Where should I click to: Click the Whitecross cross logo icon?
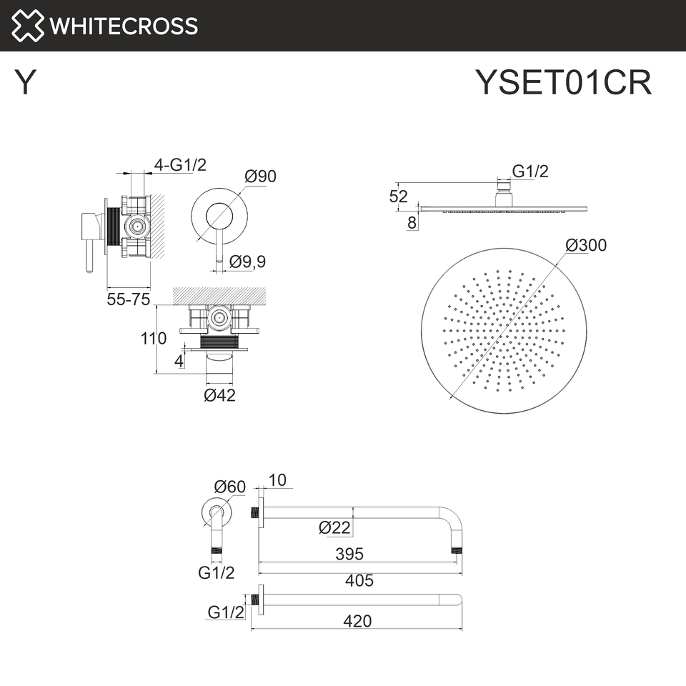point(28,26)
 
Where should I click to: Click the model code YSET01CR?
point(564,81)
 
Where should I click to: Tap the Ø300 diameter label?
point(586,245)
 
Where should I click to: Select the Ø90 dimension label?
point(260,177)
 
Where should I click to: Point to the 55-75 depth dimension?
point(128,299)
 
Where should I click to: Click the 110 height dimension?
point(154,338)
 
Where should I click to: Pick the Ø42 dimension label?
point(219,395)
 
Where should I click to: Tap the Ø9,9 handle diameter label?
point(247,262)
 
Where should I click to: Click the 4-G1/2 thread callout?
point(180,165)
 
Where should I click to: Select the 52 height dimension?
point(399,197)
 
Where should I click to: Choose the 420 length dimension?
point(357,621)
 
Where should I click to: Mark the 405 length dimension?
point(359,580)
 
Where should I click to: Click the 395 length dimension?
point(349,554)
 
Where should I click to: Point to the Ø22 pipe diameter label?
point(334,527)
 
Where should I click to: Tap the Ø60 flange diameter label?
point(229,487)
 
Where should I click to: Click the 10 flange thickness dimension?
point(277,480)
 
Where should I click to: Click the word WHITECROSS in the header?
point(124,26)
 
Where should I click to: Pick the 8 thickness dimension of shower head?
point(412,223)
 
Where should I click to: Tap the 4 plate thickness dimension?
point(179,361)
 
